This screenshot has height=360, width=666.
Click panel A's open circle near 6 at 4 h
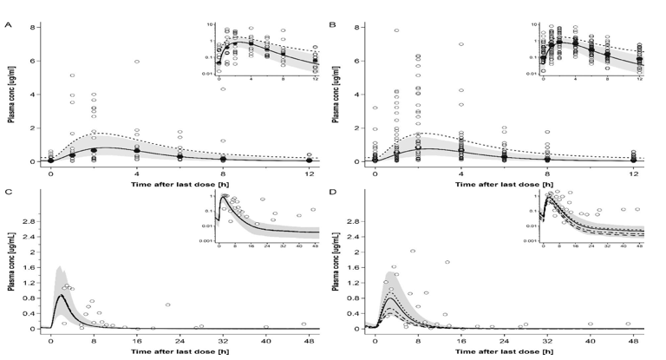[x=137, y=62]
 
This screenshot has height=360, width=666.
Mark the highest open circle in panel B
[x=396, y=30]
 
